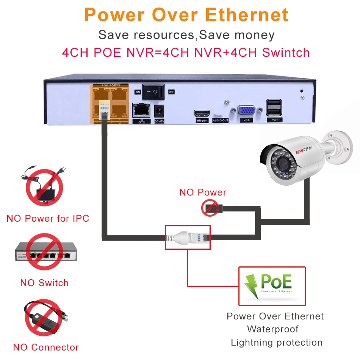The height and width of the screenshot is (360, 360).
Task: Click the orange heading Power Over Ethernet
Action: tap(186, 15)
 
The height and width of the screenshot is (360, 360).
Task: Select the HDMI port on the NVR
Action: tap(202, 113)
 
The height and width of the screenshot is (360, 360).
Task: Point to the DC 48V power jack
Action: tap(160, 111)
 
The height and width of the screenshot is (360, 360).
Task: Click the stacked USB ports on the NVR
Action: tap(274, 108)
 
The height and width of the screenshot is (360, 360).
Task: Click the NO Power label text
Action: tap(203, 192)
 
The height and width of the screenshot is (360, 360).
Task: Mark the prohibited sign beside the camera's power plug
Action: tap(210, 208)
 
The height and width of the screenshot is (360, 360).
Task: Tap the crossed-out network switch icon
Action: tap(44, 252)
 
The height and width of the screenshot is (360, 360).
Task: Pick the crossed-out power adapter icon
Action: tap(44, 188)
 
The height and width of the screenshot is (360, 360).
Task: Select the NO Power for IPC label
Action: tap(48, 218)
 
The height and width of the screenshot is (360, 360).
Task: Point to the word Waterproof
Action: tap(272, 329)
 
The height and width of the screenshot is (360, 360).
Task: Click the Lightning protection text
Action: tap(276, 343)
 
